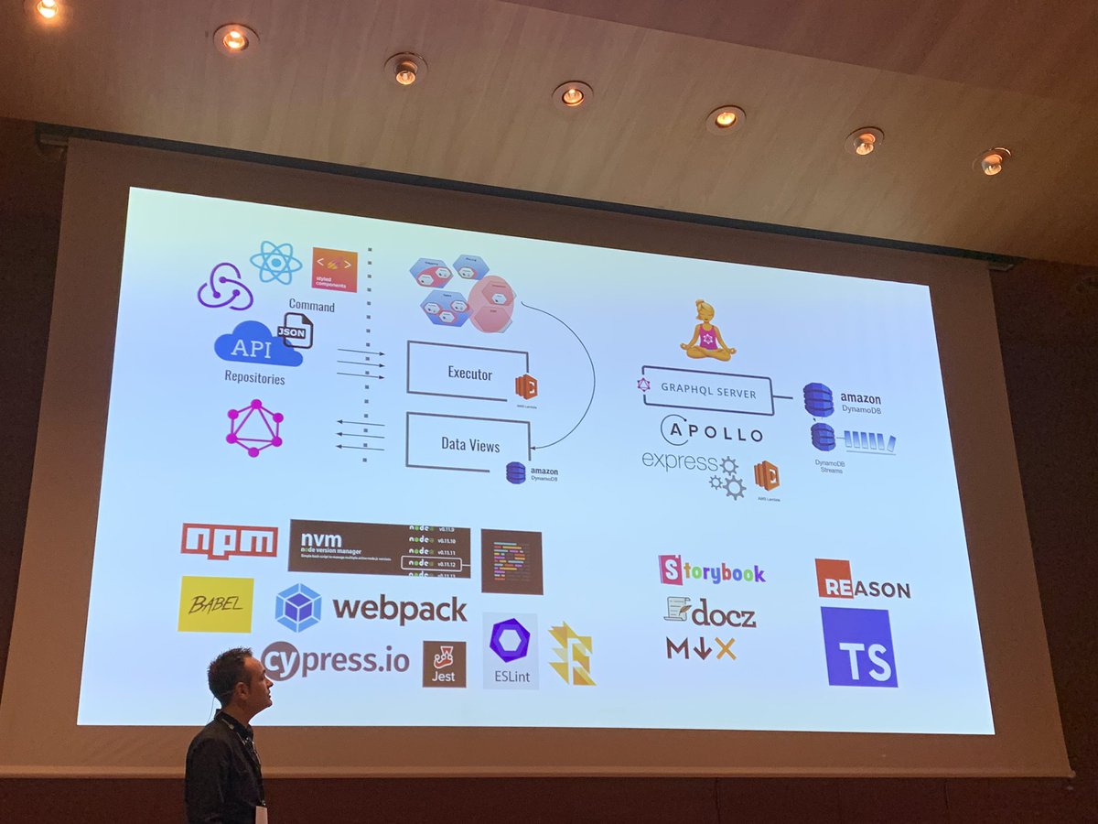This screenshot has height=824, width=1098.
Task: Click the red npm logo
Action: pyautogui.click(x=229, y=540)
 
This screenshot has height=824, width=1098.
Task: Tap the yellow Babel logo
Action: pyautogui.click(x=216, y=604)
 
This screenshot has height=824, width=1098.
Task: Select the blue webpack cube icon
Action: pyautogui.click(x=298, y=608)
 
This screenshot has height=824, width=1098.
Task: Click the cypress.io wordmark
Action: pyautogui.click(x=336, y=659)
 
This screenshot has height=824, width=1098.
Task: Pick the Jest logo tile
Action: pyautogui.click(x=444, y=664)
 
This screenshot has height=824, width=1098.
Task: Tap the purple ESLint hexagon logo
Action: pyautogui.click(x=510, y=641)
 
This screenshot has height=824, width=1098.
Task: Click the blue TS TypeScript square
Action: pyautogui.click(x=859, y=646)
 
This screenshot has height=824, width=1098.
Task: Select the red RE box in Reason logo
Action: pyautogui.click(x=834, y=579)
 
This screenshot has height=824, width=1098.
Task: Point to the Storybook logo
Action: pyautogui.click(x=712, y=571)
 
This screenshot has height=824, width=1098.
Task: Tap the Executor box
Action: pyautogui.click(x=468, y=372)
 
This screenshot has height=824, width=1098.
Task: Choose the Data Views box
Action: pyautogui.click(x=468, y=444)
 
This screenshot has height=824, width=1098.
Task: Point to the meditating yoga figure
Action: pyautogui.click(x=707, y=331)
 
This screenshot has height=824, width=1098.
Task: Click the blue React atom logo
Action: pyautogui.click(x=275, y=263)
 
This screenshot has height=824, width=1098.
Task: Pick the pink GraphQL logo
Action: pyautogui.click(x=254, y=428)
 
